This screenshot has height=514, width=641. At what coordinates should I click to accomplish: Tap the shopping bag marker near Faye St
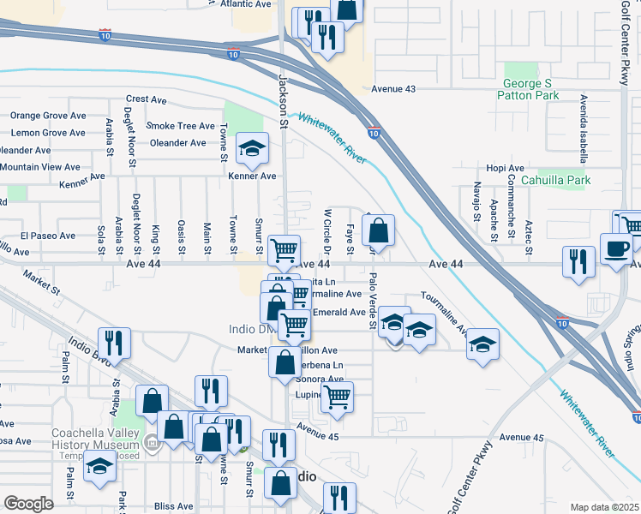(x=378, y=230)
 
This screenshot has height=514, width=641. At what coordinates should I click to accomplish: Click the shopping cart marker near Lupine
(x=337, y=397)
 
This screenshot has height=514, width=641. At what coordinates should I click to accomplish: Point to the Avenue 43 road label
(x=394, y=89)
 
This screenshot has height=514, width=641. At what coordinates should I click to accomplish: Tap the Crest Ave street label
(x=146, y=100)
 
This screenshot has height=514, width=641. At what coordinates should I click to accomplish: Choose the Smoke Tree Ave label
(x=180, y=126)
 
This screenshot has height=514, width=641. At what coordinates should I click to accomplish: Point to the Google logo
(x=29, y=504)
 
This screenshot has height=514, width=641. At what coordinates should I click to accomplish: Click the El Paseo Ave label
(x=48, y=235)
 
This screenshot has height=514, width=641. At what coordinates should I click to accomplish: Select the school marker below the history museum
(x=100, y=469)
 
